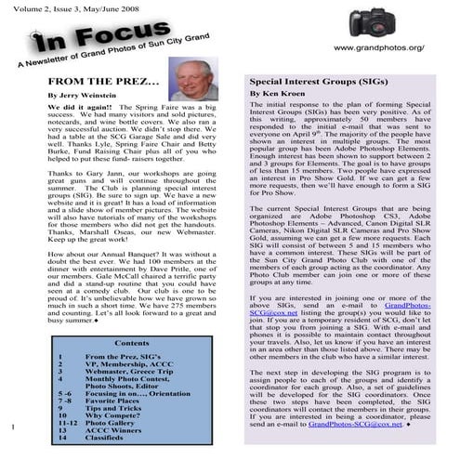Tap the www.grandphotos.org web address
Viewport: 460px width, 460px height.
(390, 46)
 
